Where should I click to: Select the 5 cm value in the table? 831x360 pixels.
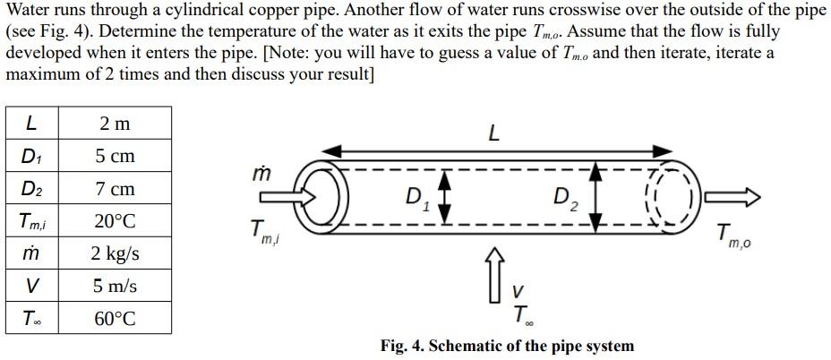point(115,156)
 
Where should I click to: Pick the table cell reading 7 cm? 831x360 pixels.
point(115,189)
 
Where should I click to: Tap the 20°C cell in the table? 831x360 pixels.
point(115,221)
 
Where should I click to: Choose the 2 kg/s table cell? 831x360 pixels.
point(115,253)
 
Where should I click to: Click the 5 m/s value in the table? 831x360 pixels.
point(115,287)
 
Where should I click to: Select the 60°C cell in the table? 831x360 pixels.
point(115,319)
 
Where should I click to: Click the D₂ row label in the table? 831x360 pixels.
point(31,189)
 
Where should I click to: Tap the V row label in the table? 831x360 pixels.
point(31,287)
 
